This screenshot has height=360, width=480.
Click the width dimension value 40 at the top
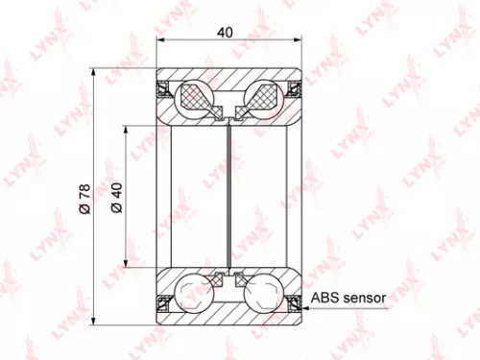[226, 32]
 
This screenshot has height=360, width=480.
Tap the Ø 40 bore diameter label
[115, 199]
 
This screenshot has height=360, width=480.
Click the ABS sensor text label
[348, 299]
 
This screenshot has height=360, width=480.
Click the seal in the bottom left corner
[163, 304]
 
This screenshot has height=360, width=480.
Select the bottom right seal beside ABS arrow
[294, 304]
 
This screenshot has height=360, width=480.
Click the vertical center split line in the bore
[228, 197]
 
